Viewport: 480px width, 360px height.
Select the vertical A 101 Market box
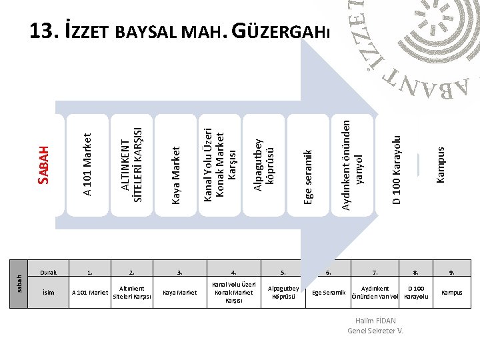point(87,165)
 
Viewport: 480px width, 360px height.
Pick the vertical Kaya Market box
point(175,165)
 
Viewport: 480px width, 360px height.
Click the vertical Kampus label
point(440,165)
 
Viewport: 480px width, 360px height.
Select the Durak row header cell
point(48,272)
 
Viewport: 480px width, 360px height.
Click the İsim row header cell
point(48,292)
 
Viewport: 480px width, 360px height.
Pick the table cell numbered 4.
point(233,272)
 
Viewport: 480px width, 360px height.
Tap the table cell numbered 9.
point(451,272)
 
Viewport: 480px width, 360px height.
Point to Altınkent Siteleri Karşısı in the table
point(131,292)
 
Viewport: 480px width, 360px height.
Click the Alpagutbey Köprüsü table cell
point(283,292)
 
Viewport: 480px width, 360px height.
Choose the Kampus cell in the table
point(451,292)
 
